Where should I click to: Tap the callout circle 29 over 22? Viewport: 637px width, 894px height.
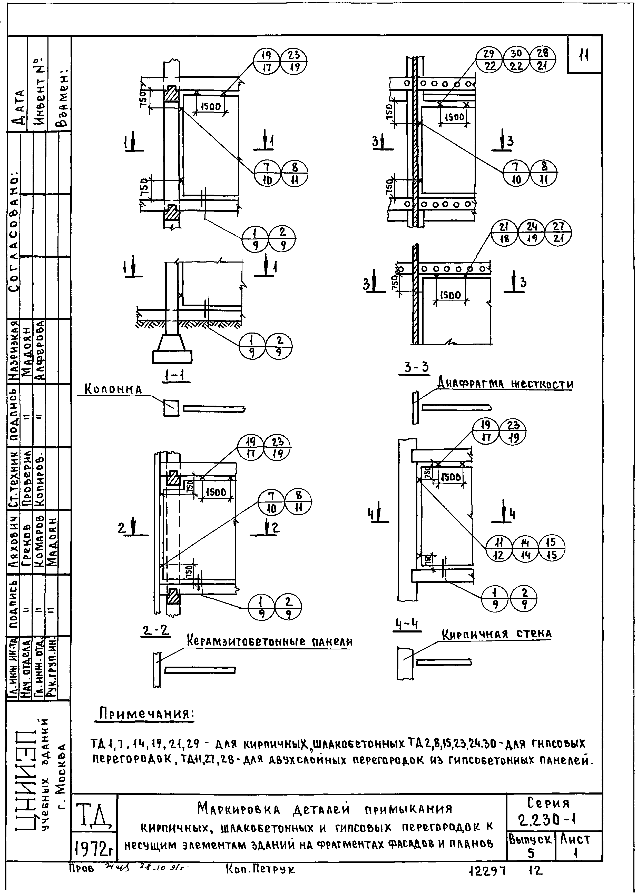click(489, 59)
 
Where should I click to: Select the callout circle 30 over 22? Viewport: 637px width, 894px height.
click(516, 59)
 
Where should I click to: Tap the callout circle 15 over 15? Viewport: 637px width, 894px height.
click(552, 548)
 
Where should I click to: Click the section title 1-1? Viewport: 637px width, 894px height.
click(176, 376)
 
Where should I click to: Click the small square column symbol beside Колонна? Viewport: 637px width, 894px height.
click(171, 408)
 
